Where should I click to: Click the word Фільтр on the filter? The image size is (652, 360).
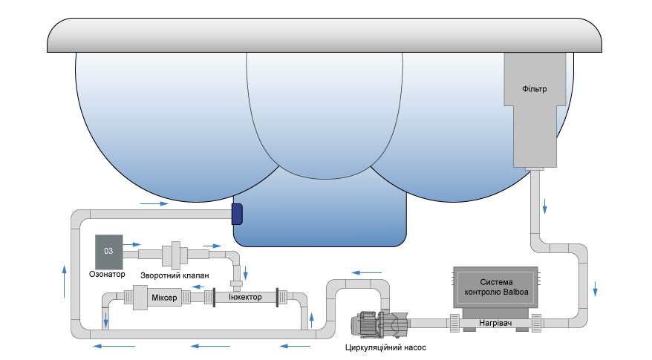[534, 90]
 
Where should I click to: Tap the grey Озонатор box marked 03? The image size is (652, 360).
[108, 252]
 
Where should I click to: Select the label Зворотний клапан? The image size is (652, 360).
[174, 275]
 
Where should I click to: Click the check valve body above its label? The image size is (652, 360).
[176, 254]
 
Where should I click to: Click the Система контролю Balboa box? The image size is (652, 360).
[496, 287]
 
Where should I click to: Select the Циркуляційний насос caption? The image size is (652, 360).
[385, 347]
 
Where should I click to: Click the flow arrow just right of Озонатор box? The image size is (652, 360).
[132, 243]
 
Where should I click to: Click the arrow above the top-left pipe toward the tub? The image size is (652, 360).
[150, 202]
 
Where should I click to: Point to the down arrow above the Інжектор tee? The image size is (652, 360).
[245, 271]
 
